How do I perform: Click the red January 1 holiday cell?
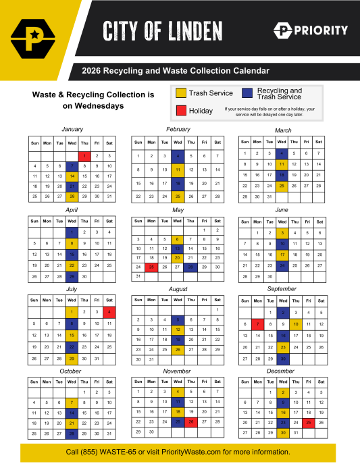pyautogui.click(x=84, y=155)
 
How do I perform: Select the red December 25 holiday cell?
pyautogui.click(x=308, y=422)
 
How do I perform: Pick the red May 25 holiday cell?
pyautogui.click(x=152, y=267)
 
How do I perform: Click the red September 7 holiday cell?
pyautogui.click(x=257, y=324)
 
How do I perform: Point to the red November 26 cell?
pyautogui.click(x=191, y=422)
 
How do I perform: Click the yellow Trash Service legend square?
pyautogui.click(x=180, y=93)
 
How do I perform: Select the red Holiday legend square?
pyautogui.click(x=180, y=110)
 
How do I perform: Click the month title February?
pyautogui.click(x=178, y=129)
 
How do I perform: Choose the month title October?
pyautogui.click(x=71, y=371)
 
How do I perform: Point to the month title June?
pyautogui.click(x=283, y=209)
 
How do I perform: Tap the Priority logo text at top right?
pyautogui.click(x=319, y=30)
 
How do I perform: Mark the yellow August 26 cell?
pyautogui.click(x=178, y=350)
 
